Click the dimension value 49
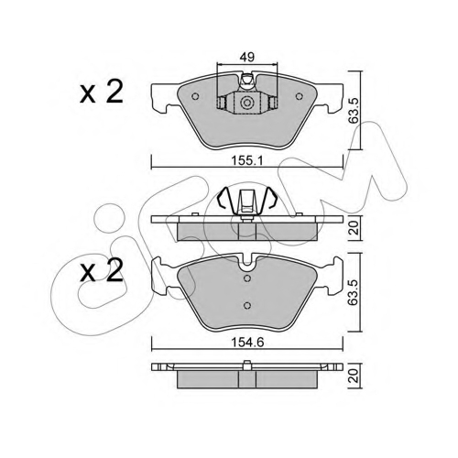(247, 57)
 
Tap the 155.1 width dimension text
(247, 160)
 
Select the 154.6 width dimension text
(247, 343)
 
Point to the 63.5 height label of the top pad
(354, 111)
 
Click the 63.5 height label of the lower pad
(354, 292)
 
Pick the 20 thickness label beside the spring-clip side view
(354, 227)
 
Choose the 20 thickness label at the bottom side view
(354, 376)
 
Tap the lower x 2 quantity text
(102, 270)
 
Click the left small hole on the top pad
(195, 96)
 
